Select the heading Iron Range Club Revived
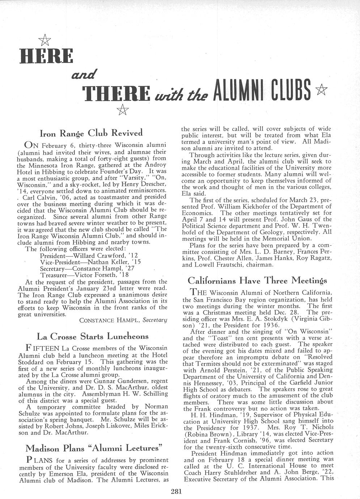91,133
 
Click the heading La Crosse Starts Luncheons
93,336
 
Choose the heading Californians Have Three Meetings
258,280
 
